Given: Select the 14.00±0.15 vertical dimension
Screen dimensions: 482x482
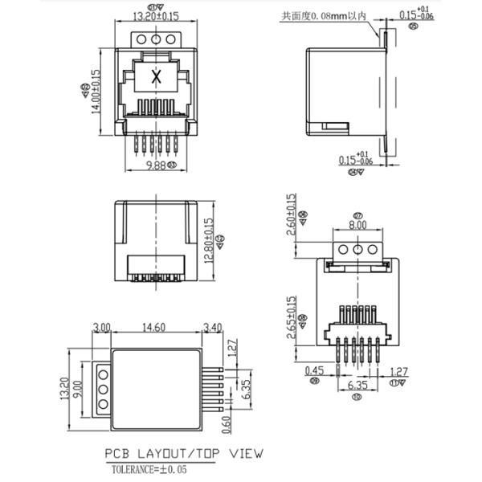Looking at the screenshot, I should (96, 95).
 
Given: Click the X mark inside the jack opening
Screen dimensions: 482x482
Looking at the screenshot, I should (157, 78).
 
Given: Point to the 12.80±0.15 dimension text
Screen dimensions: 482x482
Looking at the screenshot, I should (210, 241).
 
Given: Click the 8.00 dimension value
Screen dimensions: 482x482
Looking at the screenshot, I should (357, 226).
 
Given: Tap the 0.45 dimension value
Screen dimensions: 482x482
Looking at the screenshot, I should (314, 371).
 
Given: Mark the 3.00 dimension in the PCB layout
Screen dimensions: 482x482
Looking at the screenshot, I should (101, 328).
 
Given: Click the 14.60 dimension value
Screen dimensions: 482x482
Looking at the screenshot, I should (153, 328).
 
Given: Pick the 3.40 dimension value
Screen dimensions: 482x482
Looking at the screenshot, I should (213, 328).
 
